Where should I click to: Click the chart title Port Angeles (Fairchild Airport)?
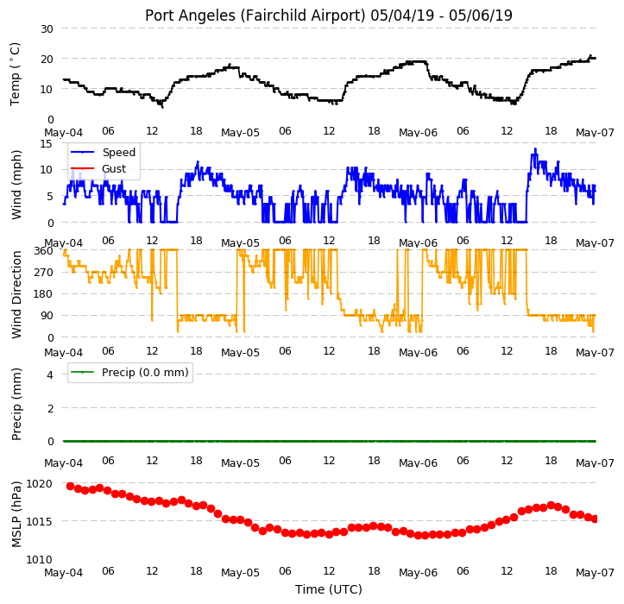[255, 16]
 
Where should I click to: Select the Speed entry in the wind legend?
[118, 153]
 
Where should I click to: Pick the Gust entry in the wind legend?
[114, 169]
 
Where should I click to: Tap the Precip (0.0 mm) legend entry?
[145, 373]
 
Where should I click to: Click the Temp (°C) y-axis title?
[15, 74]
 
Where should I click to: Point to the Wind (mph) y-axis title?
[16, 185]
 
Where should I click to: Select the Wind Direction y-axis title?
[16, 295]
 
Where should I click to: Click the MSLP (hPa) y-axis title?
[16, 515]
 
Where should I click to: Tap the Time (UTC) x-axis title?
[329, 589]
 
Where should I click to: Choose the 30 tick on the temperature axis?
[47, 29]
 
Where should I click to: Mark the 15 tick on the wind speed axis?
[47, 143]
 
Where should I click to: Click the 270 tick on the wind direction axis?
[44, 273]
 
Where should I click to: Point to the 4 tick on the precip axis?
[50, 374]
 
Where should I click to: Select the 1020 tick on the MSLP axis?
[40, 484]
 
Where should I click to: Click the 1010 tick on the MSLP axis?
[40, 560]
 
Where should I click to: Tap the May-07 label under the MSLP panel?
[595, 573]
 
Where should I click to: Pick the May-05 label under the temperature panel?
[241, 133]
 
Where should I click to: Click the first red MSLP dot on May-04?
[71, 487]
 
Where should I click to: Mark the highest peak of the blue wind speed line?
[536, 148]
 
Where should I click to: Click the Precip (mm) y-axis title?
[16, 405]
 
